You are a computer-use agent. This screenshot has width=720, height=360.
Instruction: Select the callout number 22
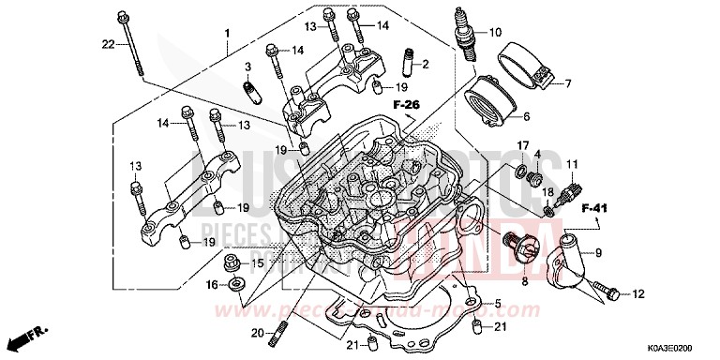[x=108, y=44]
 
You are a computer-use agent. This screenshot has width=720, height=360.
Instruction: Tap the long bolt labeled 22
[x=134, y=43]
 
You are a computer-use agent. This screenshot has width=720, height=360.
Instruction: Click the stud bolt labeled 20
[x=279, y=331]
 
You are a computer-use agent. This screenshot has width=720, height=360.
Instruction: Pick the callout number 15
[x=258, y=263]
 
